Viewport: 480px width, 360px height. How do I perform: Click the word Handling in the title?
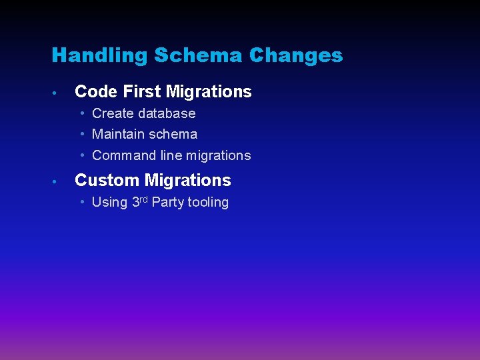coord(100,55)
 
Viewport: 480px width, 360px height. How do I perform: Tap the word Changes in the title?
coord(296,55)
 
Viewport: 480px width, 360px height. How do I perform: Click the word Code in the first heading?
coord(97,92)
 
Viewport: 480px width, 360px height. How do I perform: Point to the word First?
coord(143,92)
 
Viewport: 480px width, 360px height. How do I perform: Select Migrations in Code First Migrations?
coord(209,92)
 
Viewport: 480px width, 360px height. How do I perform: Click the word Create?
coord(113,113)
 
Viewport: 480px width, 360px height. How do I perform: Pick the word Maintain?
coord(117,134)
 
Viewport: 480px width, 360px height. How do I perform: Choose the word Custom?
coord(107,181)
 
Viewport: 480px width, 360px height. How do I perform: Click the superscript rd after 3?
coord(144,199)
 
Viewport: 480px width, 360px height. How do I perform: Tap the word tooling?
coord(208,203)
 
